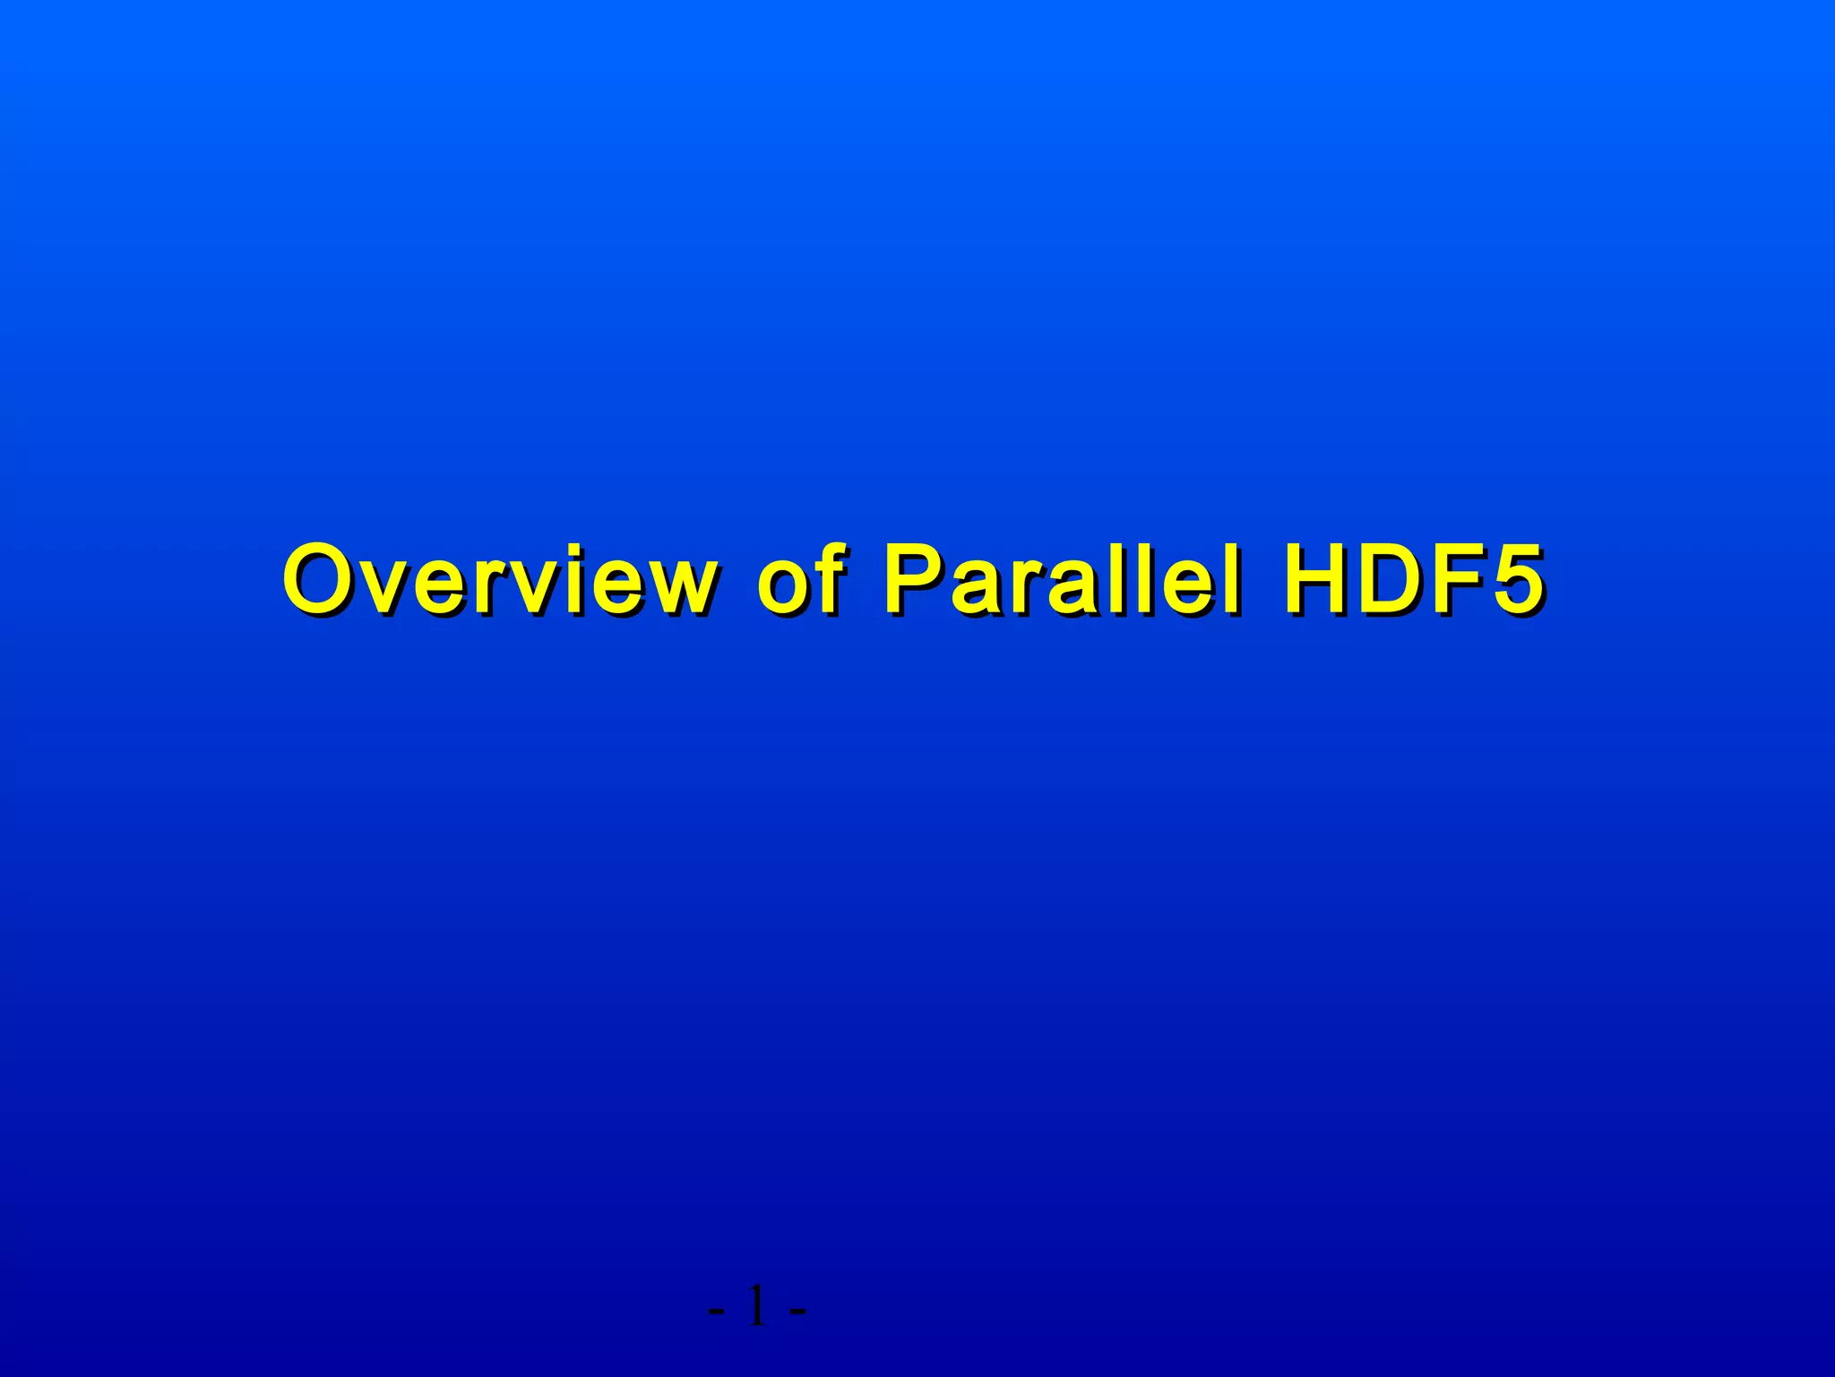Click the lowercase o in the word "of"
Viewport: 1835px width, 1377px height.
[x=781, y=588]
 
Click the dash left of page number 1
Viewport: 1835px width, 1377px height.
[x=717, y=1311]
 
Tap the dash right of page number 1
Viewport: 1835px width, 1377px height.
[x=797, y=1311]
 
